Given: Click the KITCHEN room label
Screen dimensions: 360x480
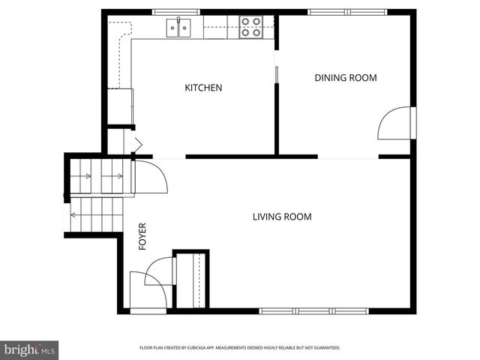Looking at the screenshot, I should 203,88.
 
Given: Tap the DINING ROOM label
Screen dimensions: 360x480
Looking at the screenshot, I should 345,78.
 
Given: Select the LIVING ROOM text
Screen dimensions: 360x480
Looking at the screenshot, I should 281,217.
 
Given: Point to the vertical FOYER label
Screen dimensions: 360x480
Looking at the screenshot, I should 142,235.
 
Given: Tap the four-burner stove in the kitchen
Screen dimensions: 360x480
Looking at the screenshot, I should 250,28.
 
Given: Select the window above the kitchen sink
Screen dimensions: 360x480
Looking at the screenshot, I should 178,12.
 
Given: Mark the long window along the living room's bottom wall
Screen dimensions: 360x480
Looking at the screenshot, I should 313,310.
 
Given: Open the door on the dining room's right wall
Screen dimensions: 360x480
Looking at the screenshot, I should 396,124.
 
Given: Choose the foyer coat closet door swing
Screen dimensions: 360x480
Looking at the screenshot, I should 160,270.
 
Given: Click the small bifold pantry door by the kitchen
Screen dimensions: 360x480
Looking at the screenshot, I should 137,144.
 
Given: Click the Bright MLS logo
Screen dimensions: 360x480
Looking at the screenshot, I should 30,349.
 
